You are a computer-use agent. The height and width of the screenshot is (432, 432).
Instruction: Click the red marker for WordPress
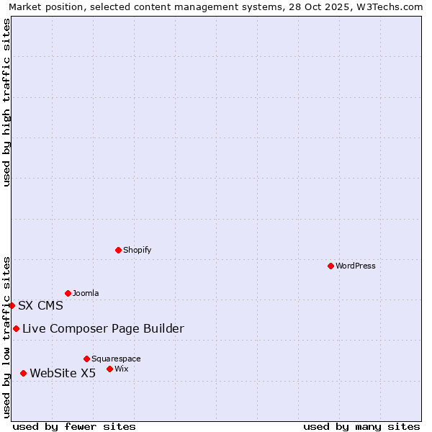click(330, 266)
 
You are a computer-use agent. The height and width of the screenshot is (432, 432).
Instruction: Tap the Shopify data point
click(118, 250)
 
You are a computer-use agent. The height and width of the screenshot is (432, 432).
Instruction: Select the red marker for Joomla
click(68, 293)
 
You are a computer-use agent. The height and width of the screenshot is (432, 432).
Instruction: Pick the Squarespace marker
click(86, 359)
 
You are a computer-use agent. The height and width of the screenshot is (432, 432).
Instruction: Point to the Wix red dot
click(109, 369)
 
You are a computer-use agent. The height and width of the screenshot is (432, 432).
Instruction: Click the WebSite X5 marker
click(23, 373)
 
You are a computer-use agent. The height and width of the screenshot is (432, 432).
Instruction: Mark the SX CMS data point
click(12, 305)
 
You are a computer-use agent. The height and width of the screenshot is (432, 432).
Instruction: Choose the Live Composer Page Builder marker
click(16, 328)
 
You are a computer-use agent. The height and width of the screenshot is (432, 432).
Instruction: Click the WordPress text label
click(356, 266)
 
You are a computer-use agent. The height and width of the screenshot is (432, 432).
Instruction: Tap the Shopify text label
click(138, 250)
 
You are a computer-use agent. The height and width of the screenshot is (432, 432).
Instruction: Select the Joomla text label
click(86, 293)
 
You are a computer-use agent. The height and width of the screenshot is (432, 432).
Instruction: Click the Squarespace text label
click(116, 359)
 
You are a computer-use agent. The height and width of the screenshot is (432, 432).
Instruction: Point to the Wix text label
click(122, 369)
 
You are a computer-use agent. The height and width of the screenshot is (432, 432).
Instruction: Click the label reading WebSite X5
click(63, 373)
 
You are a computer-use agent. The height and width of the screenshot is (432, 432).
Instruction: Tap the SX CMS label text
click(40, 305)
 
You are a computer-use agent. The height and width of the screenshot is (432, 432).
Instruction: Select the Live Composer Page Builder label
click(103, 328)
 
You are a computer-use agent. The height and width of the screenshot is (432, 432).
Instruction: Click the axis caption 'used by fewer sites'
click(74, 426)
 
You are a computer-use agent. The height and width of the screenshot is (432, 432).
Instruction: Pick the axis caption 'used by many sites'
click(361, 426)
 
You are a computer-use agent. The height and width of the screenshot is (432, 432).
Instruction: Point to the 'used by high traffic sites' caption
click(6, 102)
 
